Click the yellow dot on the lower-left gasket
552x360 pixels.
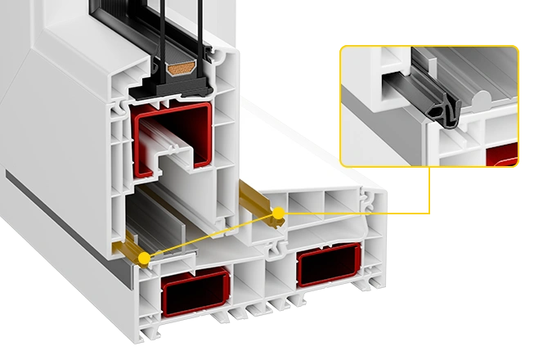(145, 259)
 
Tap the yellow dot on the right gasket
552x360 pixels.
(278, 214)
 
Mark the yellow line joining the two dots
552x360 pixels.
(211, 236)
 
